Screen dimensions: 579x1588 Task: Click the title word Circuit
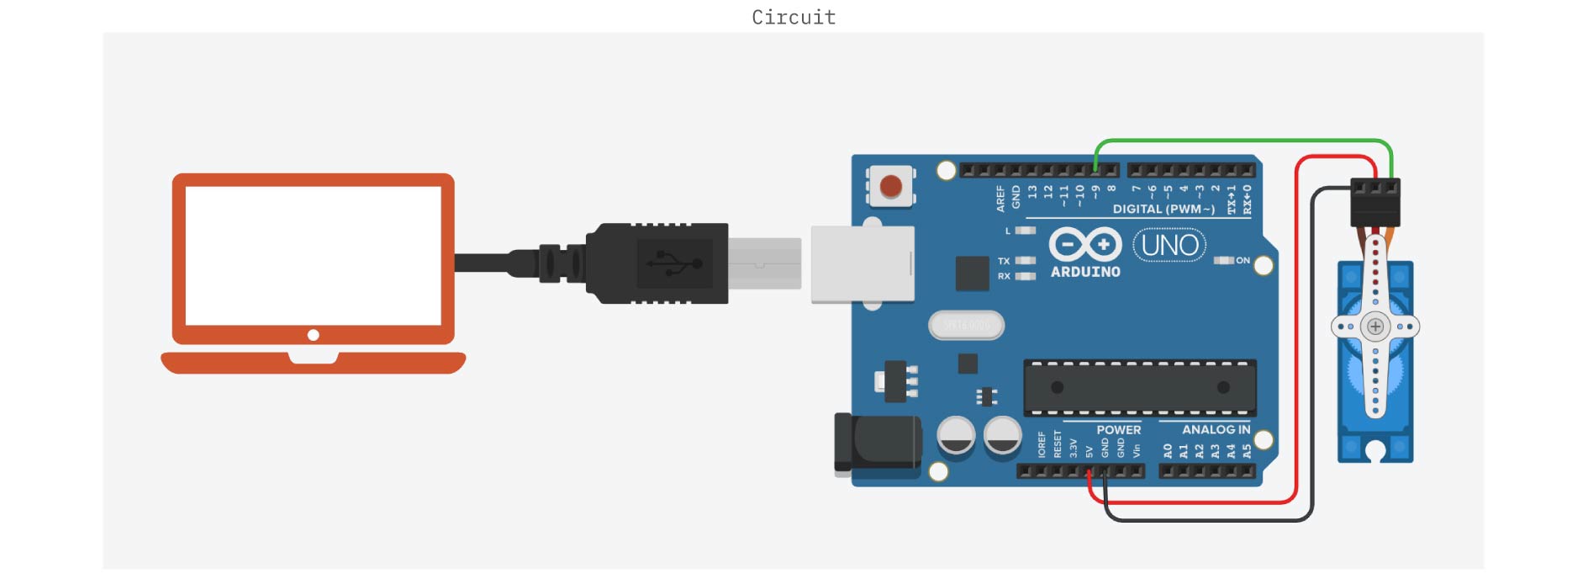point(794,18)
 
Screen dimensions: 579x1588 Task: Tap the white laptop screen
point(313,255)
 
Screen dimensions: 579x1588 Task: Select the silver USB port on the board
point(862,264)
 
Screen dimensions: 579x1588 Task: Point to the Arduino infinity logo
point(1084,245)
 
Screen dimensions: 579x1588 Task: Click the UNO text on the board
point(1169,246)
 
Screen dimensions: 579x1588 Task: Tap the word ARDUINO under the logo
point(1085,272)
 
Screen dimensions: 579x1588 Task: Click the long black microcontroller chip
point(1139,387)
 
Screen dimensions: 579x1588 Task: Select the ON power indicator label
point(1242,261)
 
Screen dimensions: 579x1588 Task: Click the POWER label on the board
point(1118,430)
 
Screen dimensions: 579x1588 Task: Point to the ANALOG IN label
point(1216,430)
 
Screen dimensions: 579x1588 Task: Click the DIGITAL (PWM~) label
point(1163,210)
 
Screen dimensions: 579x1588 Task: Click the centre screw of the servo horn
point(1375,327)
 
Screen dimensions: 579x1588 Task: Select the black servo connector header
point(1374,202)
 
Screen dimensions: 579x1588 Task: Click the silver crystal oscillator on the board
point(966,325)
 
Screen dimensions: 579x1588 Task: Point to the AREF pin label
point(1000,199)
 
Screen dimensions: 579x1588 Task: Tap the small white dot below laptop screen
point(313,335)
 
